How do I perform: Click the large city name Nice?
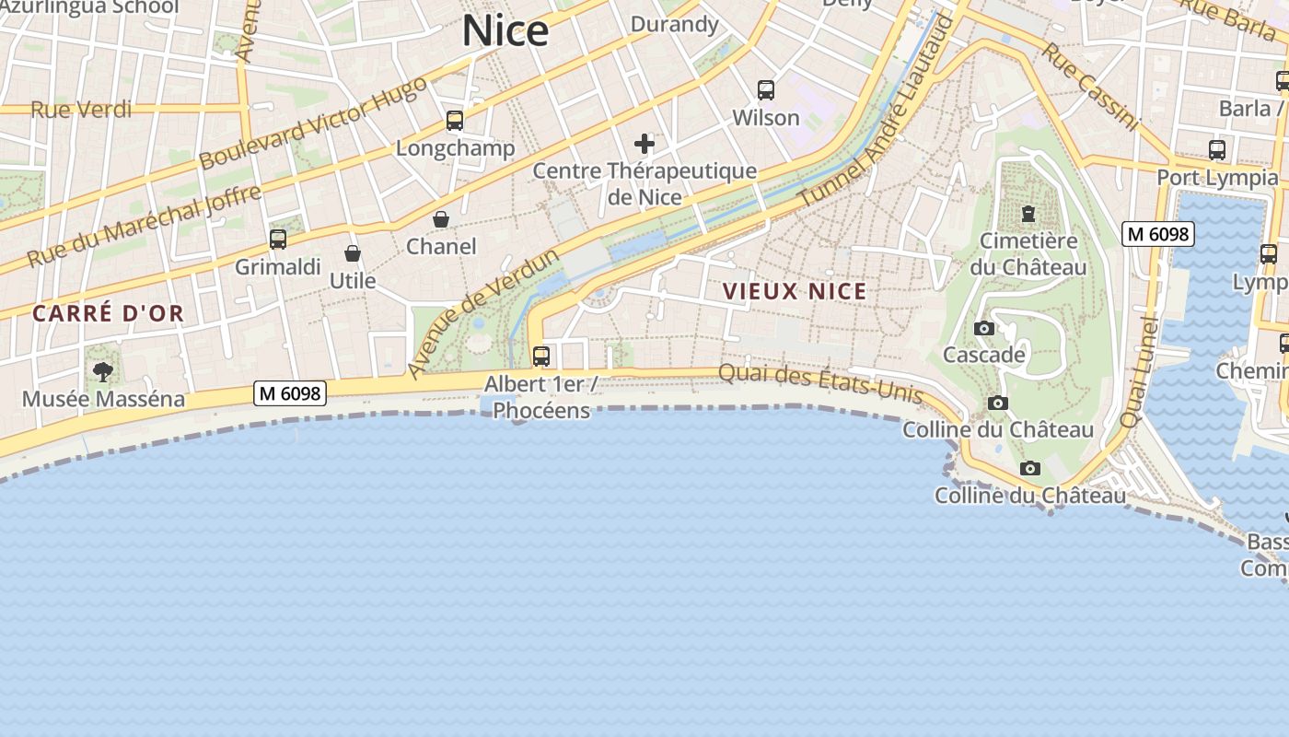[x=505, y=31]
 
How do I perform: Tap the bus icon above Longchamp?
[x=455, y=121]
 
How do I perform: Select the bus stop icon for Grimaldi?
[x=278, y=240]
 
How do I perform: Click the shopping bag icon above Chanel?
[x=441, y=219]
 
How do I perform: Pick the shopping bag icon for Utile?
[x=353, y=253]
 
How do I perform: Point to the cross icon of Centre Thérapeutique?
[x=644, y=143]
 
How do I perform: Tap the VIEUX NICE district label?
[x=795, y=292]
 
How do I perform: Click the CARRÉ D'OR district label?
[x=109, y=313]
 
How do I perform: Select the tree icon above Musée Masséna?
[x=103, y=372]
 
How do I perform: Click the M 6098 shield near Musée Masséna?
[x=290, y=393]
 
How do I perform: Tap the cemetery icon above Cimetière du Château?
[x=1028, y=214]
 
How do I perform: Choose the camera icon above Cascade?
[x=983, y=328]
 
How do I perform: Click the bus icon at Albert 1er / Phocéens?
[x=541, y=356]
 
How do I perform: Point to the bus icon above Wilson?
[x=766, y=90]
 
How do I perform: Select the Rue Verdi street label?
[x=81, y=110]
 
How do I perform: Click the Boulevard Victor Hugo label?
[x=313, y=123]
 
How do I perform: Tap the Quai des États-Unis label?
[x=819, y=382]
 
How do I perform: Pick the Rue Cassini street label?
[x=1089, y=86]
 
